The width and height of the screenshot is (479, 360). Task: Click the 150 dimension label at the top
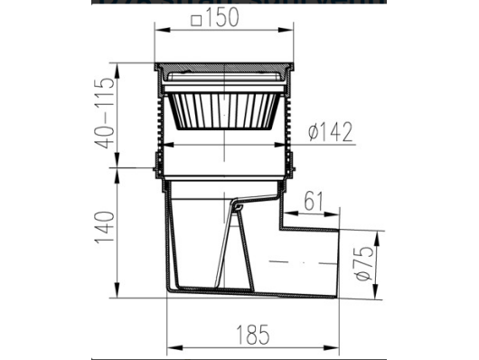[x=221, y=17]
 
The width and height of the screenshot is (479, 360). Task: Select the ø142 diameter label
[x=330, y=132]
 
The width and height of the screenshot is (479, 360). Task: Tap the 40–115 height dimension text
[x=106, y=113]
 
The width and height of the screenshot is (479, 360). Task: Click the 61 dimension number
[x=314, y=202]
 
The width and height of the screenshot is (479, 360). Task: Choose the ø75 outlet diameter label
[x=364, y=263]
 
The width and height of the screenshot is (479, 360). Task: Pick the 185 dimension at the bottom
[x=253, y=335]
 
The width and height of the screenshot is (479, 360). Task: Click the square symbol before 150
[x=196, y=21]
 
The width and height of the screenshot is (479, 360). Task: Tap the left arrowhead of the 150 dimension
[x=162, y=30]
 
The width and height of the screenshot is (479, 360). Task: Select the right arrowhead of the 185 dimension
[x=331, y=348]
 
